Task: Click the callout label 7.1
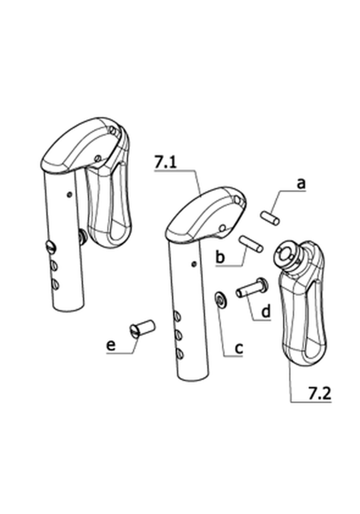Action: tap(165, 162)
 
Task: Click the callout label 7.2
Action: tap(319, 393)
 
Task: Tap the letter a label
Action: tap(301, 184)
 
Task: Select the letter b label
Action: tap(220, 256)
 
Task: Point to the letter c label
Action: tap(239, 348)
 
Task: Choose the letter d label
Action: tap(266, 311)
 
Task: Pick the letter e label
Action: tap(111, 346)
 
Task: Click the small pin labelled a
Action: tap(270, 219)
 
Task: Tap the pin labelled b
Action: tap(251, 244)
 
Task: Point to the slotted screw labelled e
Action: tap(142, 328)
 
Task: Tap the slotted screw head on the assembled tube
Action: tap(51, 247)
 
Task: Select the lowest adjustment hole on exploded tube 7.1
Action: tap(179, 353)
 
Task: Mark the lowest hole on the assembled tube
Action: tap(56, 284)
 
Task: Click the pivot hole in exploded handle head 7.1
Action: tap(223, 227)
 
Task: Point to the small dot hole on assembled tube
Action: tap(69, 194)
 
